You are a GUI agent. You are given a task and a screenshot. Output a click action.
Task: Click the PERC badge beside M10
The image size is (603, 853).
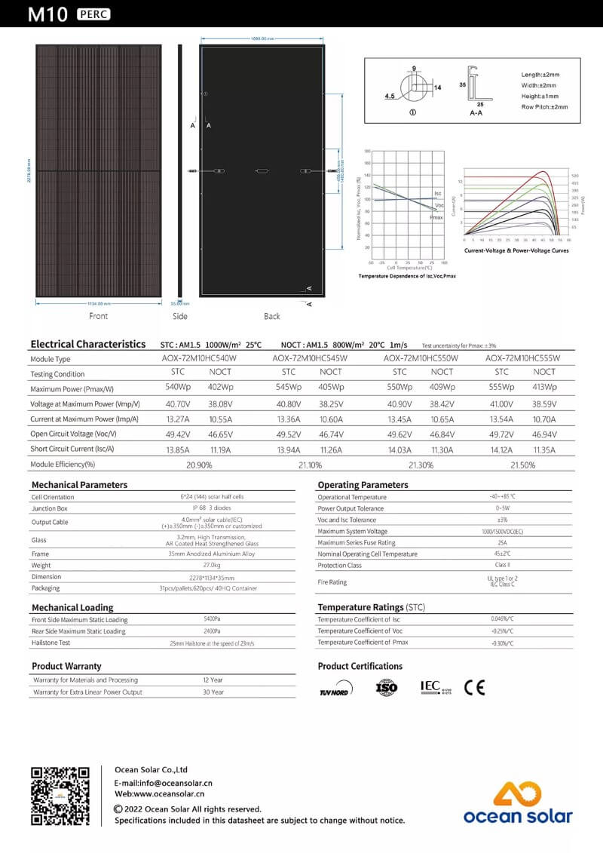point(93,14)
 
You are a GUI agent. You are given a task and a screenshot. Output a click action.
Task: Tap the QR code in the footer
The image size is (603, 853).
point(60,796)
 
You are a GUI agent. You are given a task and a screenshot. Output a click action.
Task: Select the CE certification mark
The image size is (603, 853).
point(474,688)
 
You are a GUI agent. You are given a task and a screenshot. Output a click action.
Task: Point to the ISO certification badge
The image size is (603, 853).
point(386,688)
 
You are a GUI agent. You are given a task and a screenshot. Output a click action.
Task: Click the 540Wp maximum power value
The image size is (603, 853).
point(178,387)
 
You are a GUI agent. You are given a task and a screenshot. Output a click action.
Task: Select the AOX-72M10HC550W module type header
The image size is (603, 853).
point(421,358)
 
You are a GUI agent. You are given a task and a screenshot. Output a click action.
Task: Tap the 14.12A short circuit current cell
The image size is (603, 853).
point(501,450)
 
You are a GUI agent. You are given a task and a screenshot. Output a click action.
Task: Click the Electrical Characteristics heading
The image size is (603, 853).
point(88,344)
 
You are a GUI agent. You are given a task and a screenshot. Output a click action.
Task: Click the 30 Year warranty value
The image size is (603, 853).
point(213,692)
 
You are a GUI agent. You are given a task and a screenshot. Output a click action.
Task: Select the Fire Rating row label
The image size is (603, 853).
point(332,582)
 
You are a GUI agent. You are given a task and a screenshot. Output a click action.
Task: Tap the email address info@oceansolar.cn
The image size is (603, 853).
point(163,783)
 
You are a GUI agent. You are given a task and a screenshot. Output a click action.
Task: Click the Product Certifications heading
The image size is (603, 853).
point(360,666)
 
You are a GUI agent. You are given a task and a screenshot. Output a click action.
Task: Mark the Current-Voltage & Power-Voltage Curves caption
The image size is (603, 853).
point(516,250)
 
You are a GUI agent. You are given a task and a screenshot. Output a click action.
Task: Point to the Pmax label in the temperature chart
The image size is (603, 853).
point(436,217)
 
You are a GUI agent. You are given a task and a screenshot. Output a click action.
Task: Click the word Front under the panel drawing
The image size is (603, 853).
point(98,316)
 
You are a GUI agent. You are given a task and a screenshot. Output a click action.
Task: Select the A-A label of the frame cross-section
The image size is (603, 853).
point(476,112)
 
